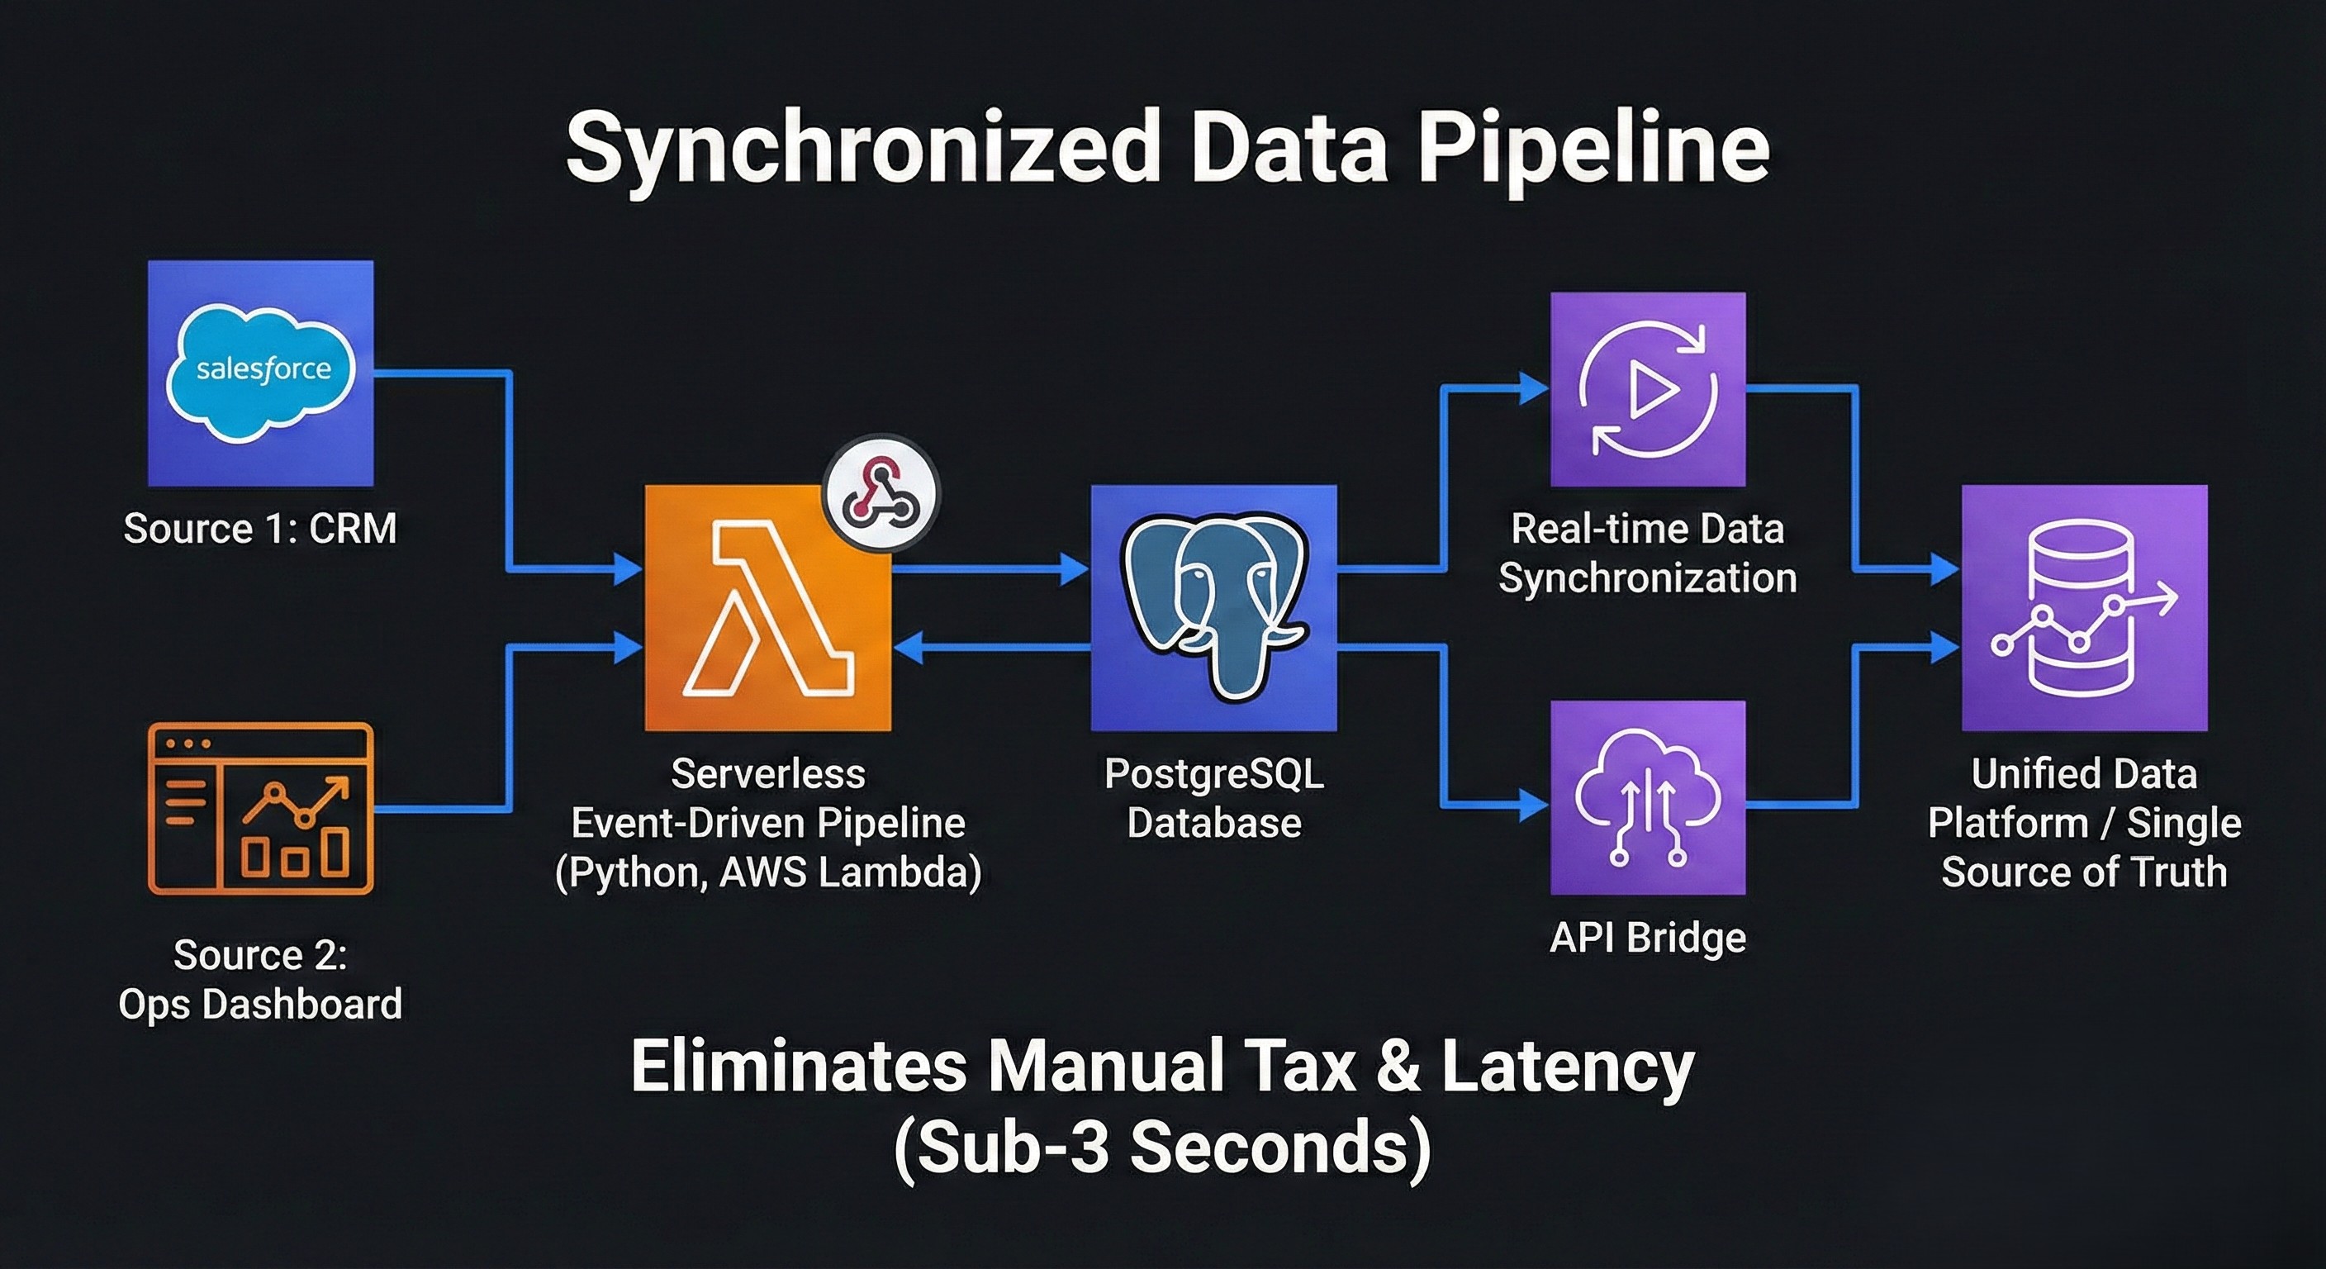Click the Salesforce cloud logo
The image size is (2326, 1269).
(x=261, y=372)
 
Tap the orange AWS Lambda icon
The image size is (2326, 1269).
(x=767, y=608)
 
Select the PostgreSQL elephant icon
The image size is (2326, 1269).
(x=1213, y=608)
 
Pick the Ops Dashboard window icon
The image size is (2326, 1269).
(x=261, y=808)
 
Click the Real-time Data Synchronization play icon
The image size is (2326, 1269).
(x=1648, y=389)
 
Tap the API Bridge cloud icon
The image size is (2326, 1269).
(x=1648, y=797)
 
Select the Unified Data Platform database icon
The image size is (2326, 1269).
(x=2084, y=608)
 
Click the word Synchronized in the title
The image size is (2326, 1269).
(x=862, y=150)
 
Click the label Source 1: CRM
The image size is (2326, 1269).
(x=260, y=529)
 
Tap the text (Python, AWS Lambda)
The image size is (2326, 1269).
(x=767, y=872)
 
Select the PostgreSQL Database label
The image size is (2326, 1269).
(x=1213, y=798)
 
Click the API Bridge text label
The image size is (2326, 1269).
(x=1648, y=938)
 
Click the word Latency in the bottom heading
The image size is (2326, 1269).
(x=1568, y=1067)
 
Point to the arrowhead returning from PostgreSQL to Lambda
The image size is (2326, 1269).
(x=908, y=647)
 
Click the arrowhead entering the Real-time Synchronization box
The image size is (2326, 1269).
(x=1533, y=388)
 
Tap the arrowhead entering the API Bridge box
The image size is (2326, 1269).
(x=1533, y=803)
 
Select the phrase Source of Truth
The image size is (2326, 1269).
(x=2084, y=872)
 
